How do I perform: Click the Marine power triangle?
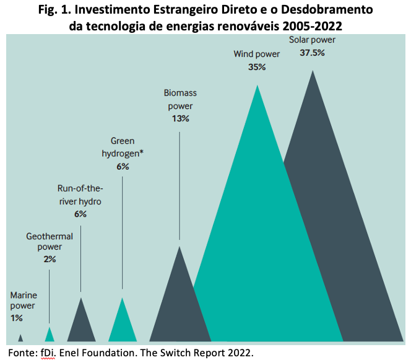(20, 338)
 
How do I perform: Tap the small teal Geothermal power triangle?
(50, 336)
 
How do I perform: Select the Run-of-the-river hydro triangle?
(81, 325)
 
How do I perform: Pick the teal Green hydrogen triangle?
(123, 325)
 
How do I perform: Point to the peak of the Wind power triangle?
(257, 85)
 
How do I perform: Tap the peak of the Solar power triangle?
(313, 70)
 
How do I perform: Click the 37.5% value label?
(312, 53)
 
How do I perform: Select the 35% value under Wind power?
(257, 67)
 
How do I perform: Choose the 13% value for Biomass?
(180, 118)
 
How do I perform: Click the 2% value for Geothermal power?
(50, 259)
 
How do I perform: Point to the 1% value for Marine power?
(17, 318)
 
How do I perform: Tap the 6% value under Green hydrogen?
(123, 167)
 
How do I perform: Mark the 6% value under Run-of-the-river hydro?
(80, 214)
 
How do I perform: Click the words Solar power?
(312, 40)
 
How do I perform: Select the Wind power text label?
(257, 54)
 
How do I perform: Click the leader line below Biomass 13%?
(180, 186)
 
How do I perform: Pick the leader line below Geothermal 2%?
(49, 297)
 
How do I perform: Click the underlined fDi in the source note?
(48, 353)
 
